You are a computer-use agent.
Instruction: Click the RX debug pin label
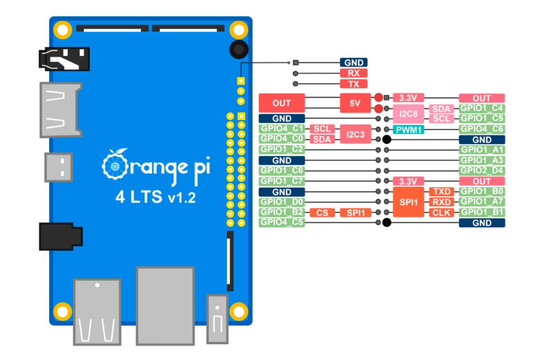click(353, 73)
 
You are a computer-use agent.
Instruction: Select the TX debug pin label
click(353, 84)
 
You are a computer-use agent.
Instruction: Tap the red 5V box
click(355, 103)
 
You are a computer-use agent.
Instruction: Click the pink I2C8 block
click(408, 114)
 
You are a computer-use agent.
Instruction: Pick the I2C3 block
click(356, 134)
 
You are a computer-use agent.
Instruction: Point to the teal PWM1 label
click(408, 130)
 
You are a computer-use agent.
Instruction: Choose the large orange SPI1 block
click(408, 202)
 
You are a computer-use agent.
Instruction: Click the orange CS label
click(322, 213)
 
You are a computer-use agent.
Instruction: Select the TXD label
click(442, 191)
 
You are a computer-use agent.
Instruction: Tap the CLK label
click(442, 213)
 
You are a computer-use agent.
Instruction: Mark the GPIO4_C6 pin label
click(482, 129)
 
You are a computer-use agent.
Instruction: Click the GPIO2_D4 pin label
click(482, 171)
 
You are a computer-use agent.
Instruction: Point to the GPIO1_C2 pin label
click(282, 150)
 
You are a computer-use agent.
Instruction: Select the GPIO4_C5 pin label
click(282, 222)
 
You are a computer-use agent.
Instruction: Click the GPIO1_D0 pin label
click(282, 202)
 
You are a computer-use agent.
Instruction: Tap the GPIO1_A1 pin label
click(482, 150)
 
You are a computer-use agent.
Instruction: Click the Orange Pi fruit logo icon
click(115, 164)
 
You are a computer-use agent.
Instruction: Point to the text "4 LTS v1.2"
click(156, 197)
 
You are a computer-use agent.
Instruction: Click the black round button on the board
click(239, 49)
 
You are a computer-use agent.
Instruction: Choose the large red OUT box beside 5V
click(282, 103)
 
